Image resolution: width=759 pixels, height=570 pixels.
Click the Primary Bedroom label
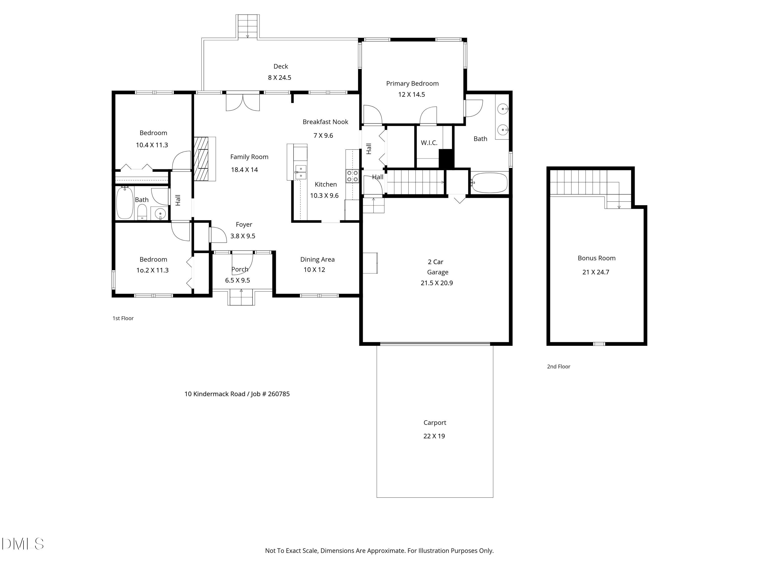pos(412,84)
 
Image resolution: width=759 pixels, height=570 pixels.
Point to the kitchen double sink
pos(301,172)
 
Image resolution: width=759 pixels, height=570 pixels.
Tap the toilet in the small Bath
pos(142,212)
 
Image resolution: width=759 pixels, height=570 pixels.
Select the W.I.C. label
pos(429,143)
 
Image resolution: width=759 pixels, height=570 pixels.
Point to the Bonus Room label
pos(596,258)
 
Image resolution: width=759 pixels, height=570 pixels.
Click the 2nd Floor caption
pos(558,367)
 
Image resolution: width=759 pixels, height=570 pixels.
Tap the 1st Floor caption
pos(123,318)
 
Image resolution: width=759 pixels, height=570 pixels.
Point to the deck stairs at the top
pos(247,26)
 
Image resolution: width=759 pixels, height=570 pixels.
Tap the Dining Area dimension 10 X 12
pos(314,270)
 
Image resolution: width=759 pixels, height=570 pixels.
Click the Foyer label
pos(244,225)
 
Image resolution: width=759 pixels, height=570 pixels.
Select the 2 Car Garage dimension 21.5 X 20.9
pos(436,283)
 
